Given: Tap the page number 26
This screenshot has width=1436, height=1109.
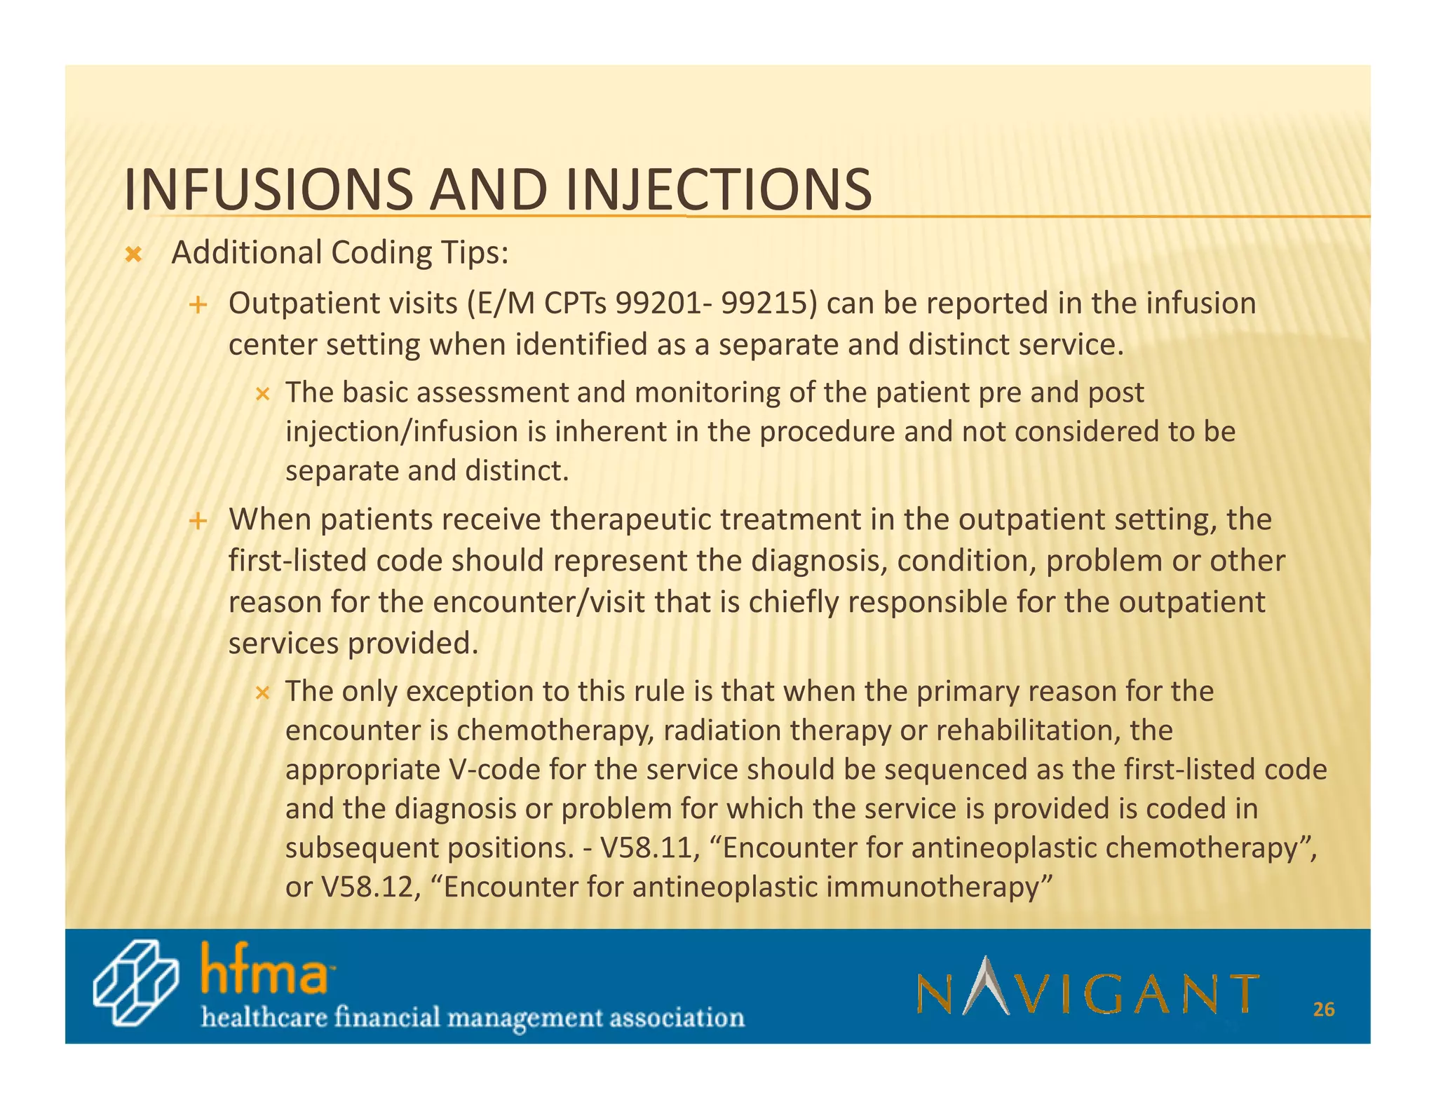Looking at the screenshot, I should (1323, 1009).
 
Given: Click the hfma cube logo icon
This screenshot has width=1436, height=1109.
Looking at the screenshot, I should (136, 984).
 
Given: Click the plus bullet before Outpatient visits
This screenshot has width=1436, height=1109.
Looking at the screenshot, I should (198, 305).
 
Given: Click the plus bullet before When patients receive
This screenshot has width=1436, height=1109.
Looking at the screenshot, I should (198, 521).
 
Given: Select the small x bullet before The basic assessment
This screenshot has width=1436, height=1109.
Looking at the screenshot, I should (262, 395).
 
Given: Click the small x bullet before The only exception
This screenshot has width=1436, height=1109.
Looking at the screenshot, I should (262, 693).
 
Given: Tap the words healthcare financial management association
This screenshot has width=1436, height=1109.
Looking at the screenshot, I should (473, 1017).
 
